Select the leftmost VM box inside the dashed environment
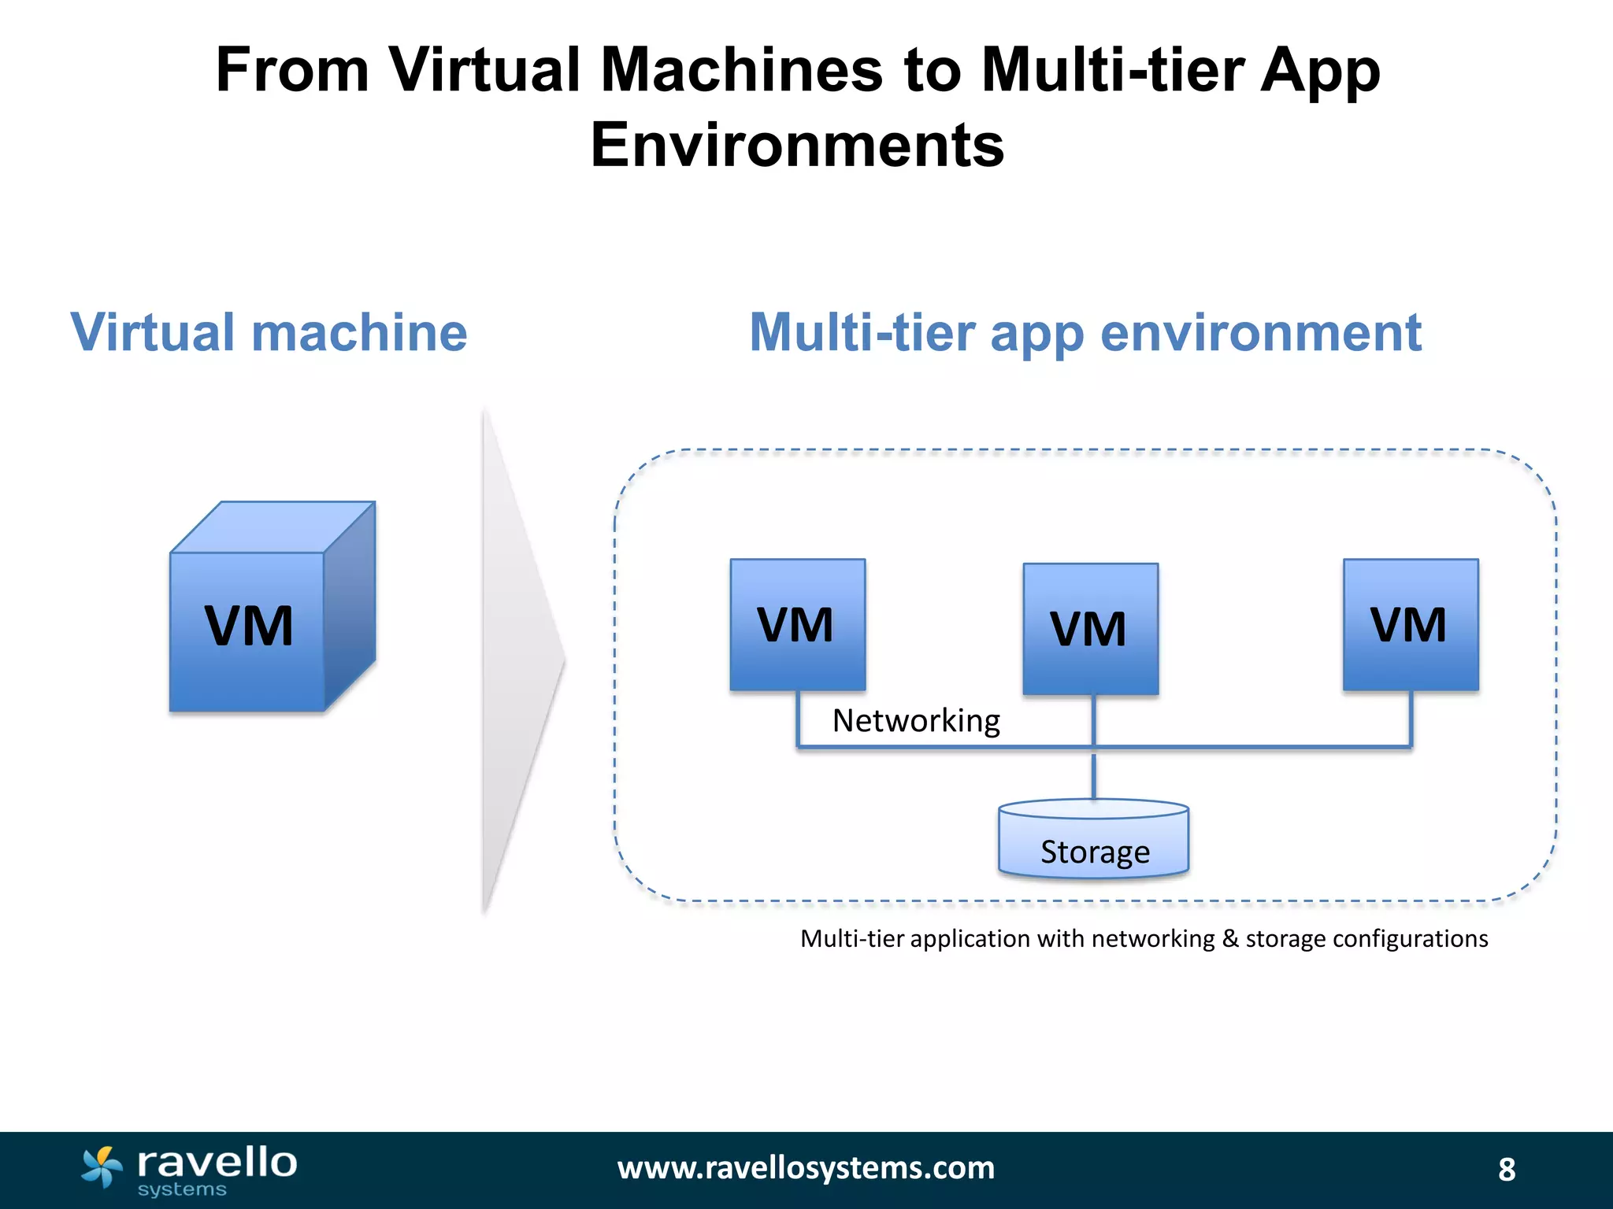tap(797, 624)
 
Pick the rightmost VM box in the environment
tap(1410, 624)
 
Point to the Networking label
tap(916, 720)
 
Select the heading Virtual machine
tap(269, 332)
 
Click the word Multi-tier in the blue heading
tap(862, 332)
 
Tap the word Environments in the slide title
tap(797, 145)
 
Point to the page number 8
tap(1506, 1170)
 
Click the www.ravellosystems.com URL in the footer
tap(806, 1168)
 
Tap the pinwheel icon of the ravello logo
tap(102, 1166)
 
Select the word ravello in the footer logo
tap(217, 1162)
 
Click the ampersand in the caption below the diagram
tap(1230, 938)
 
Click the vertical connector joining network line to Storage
tap(1093, 775)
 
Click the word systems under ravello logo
tap(182, 1190)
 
